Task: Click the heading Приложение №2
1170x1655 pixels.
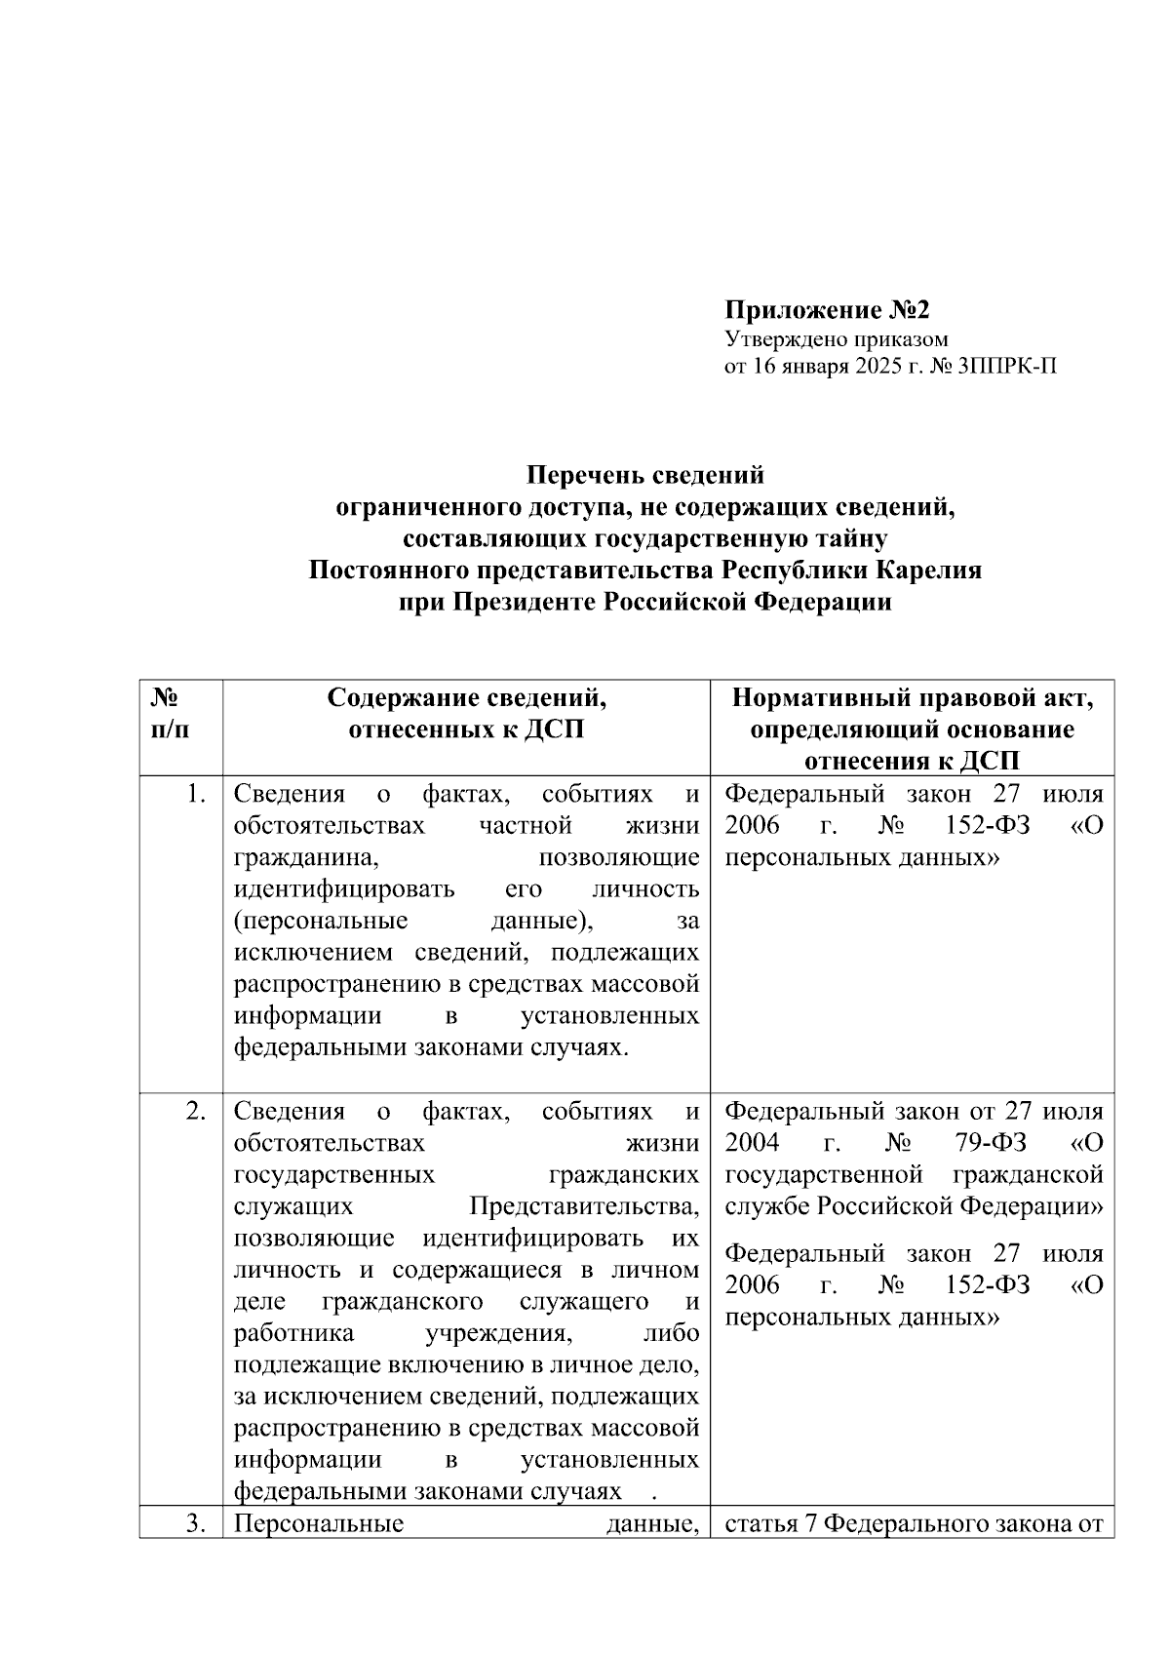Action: click(x=827, y=311)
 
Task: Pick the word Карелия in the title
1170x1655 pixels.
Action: click(x=928, y=570)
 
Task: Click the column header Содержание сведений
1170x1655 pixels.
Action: click(x=466, y=697)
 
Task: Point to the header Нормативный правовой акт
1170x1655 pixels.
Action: click(x=912, y=697)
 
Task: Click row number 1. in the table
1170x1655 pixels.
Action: click(x=196, y=794)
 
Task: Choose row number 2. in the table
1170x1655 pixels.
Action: click(x=196, y=1111)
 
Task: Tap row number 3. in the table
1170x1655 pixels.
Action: click(x=196, y=1524)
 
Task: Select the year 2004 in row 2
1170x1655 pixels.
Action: click(x=753, y=1142)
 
